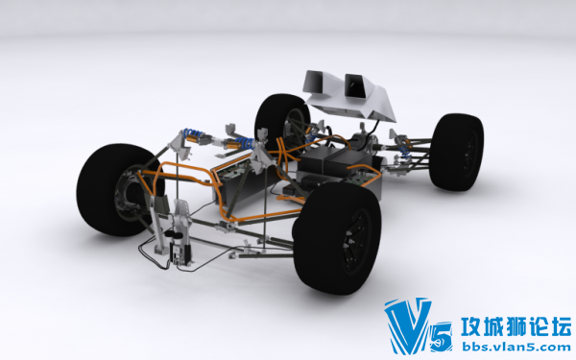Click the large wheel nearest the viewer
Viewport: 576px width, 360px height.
pos(337,238)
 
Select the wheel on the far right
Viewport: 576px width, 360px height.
pos(456,152)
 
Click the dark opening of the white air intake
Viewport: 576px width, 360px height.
pos(355,85)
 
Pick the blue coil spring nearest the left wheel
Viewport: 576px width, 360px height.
pos(194,133)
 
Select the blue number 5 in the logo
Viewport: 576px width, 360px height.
pos(442,337)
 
